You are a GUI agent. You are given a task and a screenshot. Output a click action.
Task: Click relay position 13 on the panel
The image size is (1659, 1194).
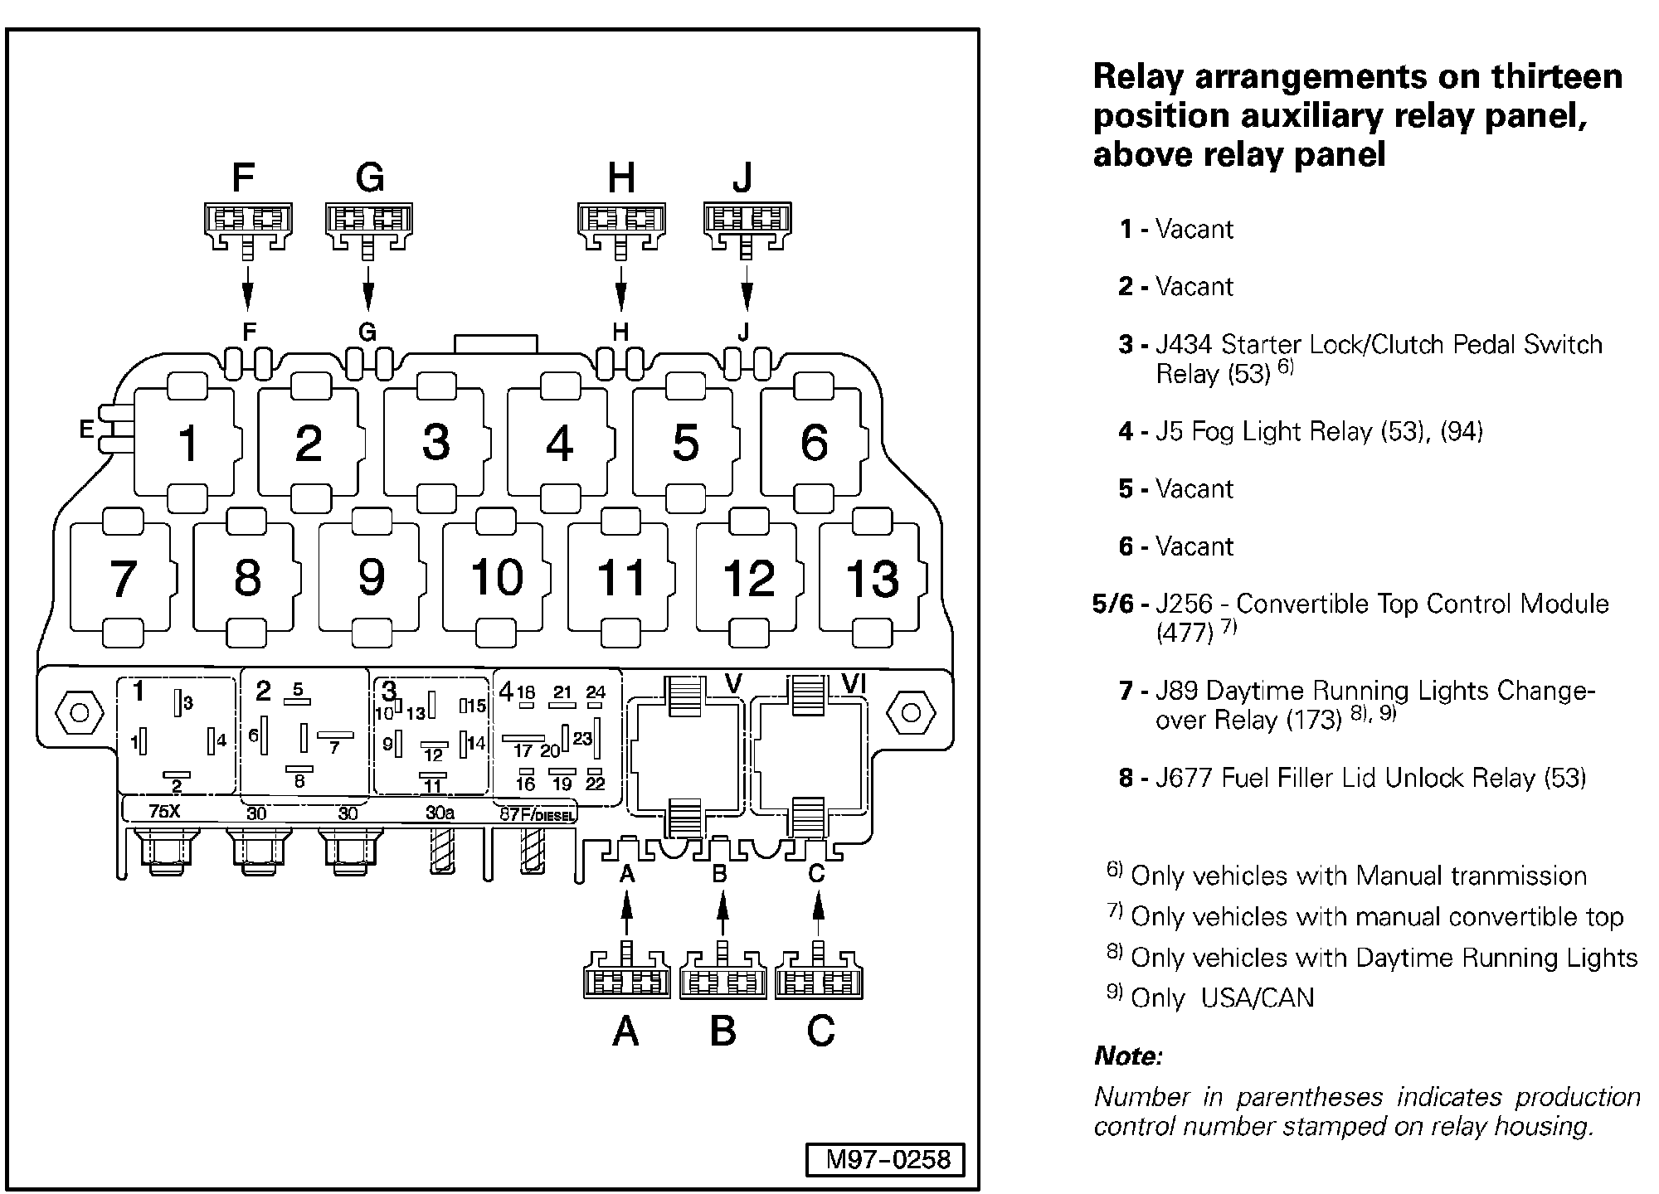pos(872,578)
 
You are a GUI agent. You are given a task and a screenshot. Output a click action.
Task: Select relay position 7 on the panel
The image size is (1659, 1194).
pos(122,578)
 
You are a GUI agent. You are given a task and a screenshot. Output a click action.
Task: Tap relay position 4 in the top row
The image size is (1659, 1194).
pos(559,443)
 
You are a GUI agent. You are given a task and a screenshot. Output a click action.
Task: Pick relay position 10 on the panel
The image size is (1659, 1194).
pos(496,577)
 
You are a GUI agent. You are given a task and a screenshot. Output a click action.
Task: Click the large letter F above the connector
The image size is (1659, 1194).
pos(243,177)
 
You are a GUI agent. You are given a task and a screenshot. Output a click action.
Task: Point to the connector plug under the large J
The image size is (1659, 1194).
pos(747,225)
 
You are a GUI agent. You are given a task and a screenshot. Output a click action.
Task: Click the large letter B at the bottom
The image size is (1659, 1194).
pos(722,1031)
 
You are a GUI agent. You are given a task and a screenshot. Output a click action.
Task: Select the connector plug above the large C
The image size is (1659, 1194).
pos(819,976)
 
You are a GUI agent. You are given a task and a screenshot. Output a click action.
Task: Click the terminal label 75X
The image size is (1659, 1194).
pos(164,812)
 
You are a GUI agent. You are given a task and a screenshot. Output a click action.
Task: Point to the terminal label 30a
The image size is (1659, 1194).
pos(440,813)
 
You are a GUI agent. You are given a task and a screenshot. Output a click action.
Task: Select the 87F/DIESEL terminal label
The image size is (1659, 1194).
pos(537,815)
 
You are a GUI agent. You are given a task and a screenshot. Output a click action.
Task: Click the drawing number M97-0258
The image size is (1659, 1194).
pos(887,1159)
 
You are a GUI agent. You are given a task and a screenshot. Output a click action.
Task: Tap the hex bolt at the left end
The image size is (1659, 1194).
pos(79,713)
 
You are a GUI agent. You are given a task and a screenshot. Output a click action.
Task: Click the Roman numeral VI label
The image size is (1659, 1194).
pos(854,683)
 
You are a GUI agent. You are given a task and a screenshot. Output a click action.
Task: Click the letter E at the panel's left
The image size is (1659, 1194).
pos(86,429)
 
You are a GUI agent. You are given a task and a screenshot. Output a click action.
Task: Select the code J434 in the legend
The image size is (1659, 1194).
pos(1185,344)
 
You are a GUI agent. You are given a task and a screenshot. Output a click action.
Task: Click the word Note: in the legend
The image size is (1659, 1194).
pos(1128,1056)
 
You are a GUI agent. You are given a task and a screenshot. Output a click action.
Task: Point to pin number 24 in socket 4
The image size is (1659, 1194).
pos(596,692)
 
